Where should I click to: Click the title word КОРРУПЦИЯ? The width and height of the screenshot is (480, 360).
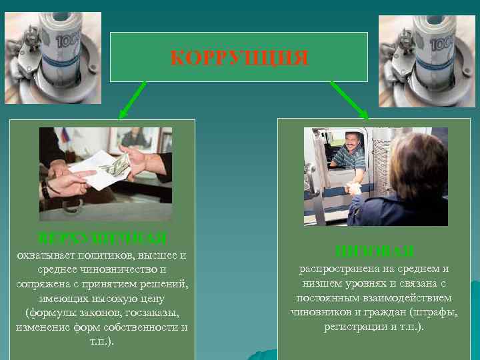pyautogui.click(x=239, y=59)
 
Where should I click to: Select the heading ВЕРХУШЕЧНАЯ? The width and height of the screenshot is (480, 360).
pyautogui.click(x=102, y=237)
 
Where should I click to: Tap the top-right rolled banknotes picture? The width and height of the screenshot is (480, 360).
pyautogui.click(x=427, y=59)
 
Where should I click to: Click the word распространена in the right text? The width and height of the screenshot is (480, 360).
pyautogui.click(x=339, y=269)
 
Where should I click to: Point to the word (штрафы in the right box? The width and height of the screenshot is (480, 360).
pyautogui.click(x=438, y=313)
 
